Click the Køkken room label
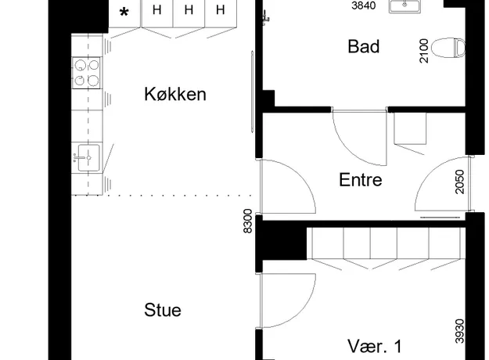[x=175, y=94]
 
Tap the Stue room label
[x=163, y=310]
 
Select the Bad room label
[x=364, y=46]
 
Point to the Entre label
[x=361, y=180]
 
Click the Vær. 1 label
[x=375, y=346]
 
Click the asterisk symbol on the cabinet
[x=124, y=13]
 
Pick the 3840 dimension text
[x=363, y=5]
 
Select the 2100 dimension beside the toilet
[x=424, y=51]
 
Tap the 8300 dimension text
[x=247, y=221]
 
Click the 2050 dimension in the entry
[x=460, y=182]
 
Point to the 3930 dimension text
[x=460, y=331]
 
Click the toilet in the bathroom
[x=448, y=48]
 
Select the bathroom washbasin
[x=405, y=6]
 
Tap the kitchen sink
[x=88, y=157]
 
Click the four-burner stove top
[x=86, y=73]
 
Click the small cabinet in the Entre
[x=410, y=128]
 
